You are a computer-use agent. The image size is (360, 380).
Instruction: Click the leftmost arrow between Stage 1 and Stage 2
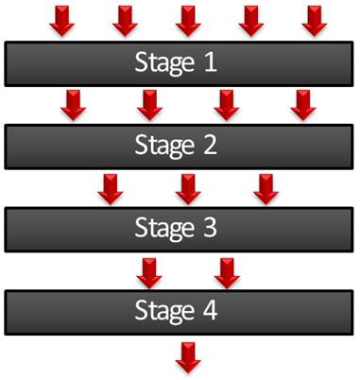tap(73, 104)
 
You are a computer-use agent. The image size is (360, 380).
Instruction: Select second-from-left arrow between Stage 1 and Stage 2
tap(149, 104)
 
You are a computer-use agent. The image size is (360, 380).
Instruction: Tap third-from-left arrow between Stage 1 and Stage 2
tap(225, 104)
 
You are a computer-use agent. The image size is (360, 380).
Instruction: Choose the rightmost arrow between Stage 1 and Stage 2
tap(301, 104)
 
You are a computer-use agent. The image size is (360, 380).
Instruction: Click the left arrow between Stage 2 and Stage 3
tap(111, 186)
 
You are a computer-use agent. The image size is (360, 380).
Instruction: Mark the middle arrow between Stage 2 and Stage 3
tap(188, 186)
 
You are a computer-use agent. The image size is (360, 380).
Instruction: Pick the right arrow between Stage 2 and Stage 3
tap(264, 186)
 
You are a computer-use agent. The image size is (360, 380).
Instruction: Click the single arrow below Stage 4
tap(188, 354)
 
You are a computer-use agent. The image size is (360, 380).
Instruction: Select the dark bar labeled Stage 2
tap(179, 146)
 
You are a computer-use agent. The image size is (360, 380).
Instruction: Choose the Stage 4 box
tap(179, 310)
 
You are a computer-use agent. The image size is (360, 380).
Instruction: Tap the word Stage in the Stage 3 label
tap(163, 228)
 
